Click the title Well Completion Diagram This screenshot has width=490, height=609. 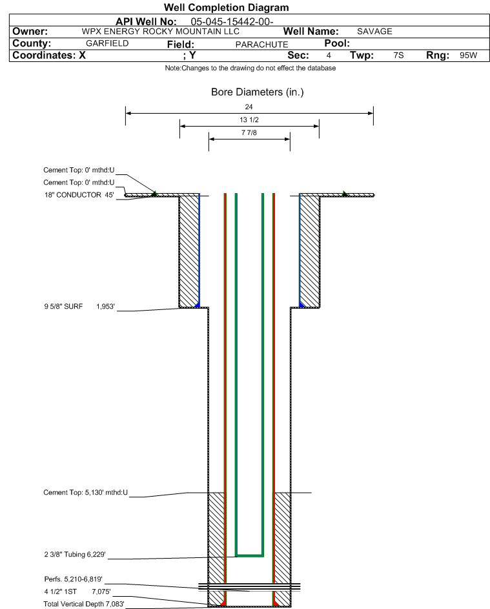click(x=227, y=7)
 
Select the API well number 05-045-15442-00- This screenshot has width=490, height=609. click(x=232, y=22)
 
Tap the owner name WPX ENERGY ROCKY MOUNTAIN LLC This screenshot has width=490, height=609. click(x=160, y=32)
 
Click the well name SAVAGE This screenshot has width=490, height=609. click(x=374, y=32)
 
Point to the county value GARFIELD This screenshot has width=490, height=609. click(x=107, y=43)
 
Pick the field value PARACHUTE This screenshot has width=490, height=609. click(x=261, y=45)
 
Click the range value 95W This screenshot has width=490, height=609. click(x=468, y=55)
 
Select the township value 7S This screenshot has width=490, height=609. click(x=398, y=55)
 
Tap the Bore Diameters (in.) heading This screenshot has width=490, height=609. click(x=258, y=92)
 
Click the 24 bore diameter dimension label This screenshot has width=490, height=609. click(x=249, y=107)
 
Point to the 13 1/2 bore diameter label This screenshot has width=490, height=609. click(x=249, y=119)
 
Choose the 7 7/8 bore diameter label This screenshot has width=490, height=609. click(x=249, y=132)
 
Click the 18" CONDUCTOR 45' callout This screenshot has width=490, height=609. click(x=79, y=195)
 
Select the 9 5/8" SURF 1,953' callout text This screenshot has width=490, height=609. click(x=79, y=307)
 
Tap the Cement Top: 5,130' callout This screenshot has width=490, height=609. click(x=85, y=493)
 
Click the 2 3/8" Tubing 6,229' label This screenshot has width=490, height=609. click(x=75, y=554)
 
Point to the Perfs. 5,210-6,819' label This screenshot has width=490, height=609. click(x=74, y=579)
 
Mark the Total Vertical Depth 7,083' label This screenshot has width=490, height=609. click(x=84, y=604)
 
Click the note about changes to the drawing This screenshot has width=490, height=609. click(x=250, y=68)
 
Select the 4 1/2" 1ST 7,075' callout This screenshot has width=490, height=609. click(x=77, y=592)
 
